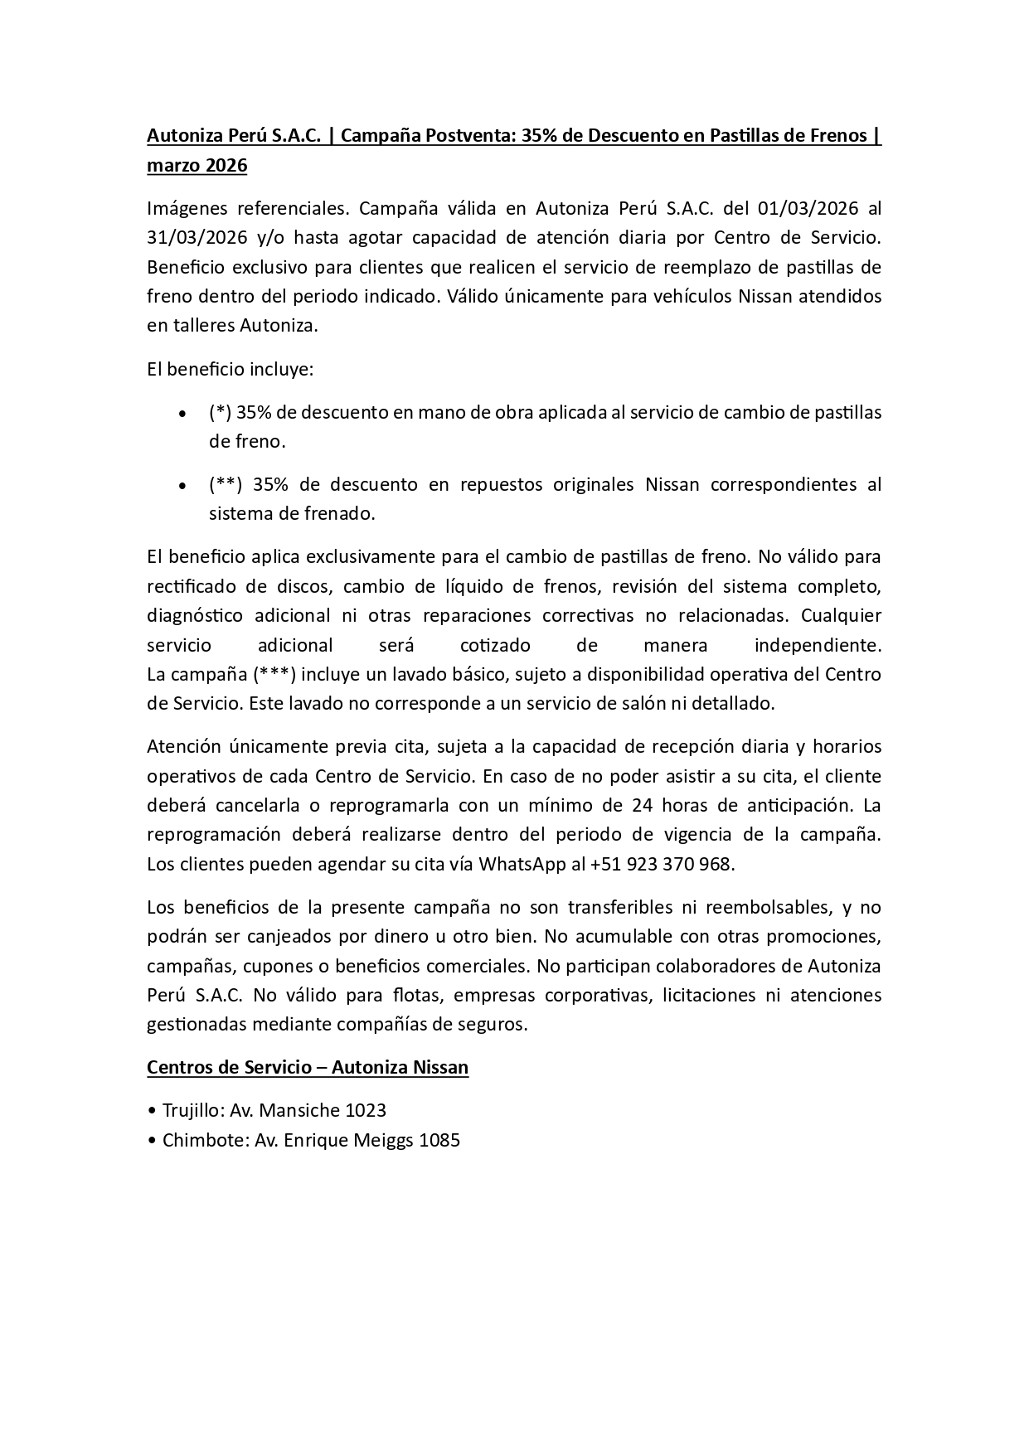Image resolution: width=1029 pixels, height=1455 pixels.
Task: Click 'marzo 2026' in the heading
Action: tap(197, 166)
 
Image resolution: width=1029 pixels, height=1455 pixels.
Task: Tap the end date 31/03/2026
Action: tap(197, 238)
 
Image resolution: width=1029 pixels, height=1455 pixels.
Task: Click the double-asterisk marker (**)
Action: tap(225, 484)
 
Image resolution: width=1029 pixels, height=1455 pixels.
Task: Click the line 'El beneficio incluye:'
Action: tap(230, 370)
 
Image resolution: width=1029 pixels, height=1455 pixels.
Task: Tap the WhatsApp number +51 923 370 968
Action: tap(662, 865)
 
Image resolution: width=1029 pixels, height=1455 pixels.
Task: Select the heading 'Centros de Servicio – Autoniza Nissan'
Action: tap(308, 1068)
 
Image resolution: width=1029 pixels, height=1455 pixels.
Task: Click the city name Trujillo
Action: tap(188, 1110)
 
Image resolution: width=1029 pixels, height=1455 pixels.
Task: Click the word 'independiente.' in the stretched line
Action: tap(817, 646)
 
